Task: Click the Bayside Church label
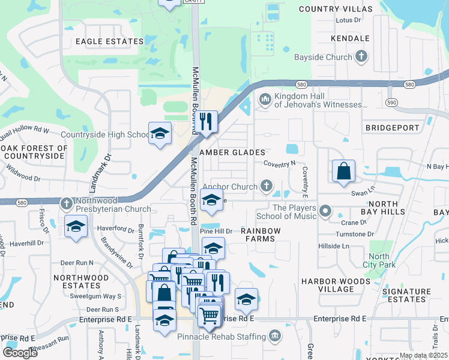322,58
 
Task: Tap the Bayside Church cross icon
361,57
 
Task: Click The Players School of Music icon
325,211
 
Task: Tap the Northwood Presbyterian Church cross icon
67,203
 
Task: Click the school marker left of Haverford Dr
76,227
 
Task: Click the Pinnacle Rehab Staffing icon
275,335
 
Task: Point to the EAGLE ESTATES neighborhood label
110,41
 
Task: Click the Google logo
20,353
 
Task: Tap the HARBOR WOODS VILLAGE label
336,285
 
